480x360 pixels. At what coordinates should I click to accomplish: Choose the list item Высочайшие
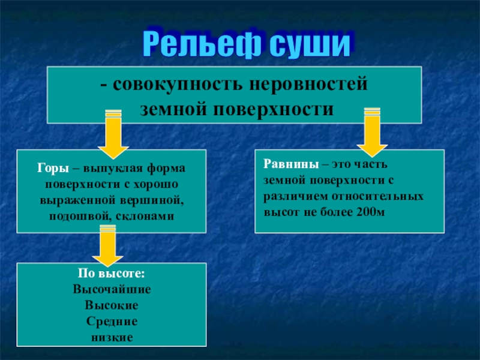pos(112,289)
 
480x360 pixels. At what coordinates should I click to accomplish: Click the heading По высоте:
pos(112,273)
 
